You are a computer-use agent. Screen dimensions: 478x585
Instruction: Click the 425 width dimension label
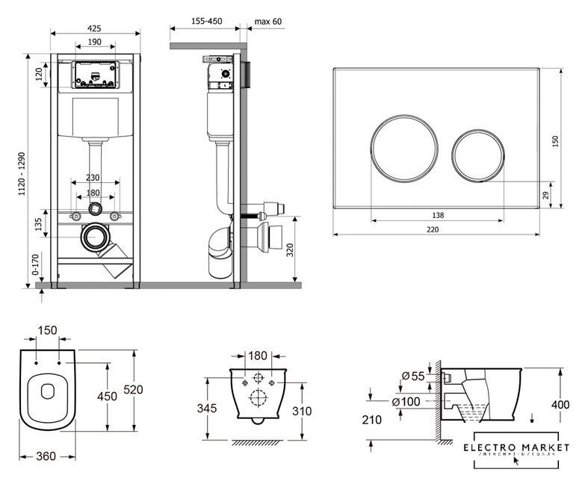(95, 28)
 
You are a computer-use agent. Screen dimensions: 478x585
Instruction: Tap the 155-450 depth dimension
(208, 22)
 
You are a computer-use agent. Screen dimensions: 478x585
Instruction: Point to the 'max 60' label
(268, 22)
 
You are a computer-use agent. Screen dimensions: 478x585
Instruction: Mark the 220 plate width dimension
(433, 229)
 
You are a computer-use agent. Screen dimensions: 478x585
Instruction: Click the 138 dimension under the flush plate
(438, 215)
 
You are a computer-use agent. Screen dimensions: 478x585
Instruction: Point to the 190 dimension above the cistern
(95, 43)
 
